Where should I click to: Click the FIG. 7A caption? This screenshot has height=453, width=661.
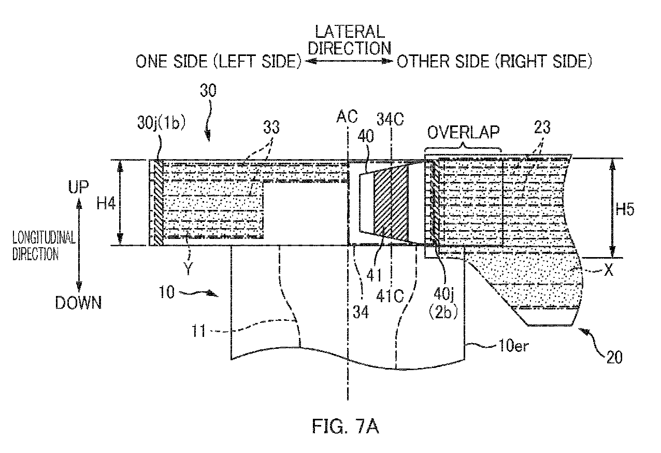[346, 426]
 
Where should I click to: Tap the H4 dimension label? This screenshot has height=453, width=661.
[106, 204]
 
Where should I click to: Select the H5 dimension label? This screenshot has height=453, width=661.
[625, 209]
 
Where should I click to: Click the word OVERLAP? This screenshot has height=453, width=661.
[463, 132]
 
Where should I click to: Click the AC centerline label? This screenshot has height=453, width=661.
[347, 116]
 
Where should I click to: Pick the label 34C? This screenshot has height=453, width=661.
[390, 120]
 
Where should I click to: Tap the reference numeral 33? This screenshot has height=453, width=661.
[271, 128]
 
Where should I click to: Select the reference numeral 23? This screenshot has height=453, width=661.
[542, 128]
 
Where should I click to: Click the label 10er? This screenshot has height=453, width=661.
[513, 345]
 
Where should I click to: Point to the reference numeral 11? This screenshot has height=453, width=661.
[198, 331]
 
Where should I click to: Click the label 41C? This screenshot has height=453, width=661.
[390, 296]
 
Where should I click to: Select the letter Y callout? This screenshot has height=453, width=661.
[188, 268]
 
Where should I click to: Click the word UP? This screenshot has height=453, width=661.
[78, 187]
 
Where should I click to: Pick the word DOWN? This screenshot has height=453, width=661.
[79, 303]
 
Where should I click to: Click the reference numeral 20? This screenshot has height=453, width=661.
[614, 357]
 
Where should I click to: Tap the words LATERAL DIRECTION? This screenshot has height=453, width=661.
[350, 40]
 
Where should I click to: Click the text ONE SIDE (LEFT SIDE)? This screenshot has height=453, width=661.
[219, 62]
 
